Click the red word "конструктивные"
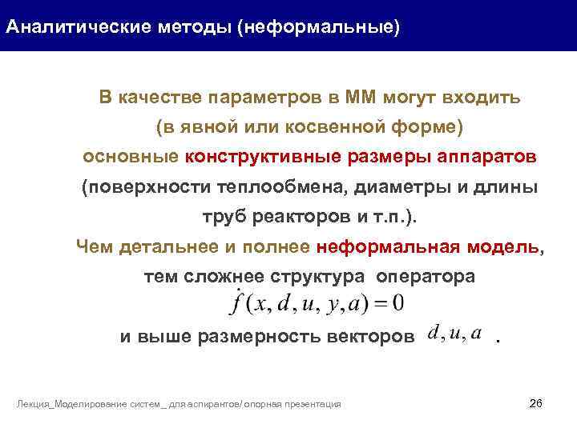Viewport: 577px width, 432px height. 263,157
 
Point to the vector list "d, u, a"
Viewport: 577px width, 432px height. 454,334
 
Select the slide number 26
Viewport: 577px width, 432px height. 536,402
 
